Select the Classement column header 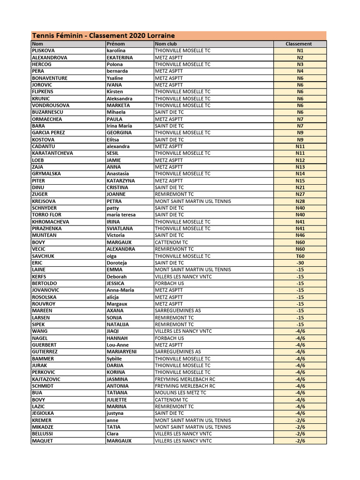[299, 44]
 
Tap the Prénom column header [116, 44]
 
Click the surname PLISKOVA [45, 51]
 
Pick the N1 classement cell [300, 51]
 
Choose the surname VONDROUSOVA [51, 105]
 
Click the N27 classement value [300, 194]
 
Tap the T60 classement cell [300, 256]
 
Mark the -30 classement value [300, 263]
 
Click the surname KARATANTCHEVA [52, 153]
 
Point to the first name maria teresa [121, 215]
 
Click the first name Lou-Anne [117, 345]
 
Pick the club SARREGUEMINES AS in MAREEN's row [178, 311]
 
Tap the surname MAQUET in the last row [42, 441]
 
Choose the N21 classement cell [300, 187]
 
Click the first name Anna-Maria [120, 290]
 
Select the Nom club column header [166, 44]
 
